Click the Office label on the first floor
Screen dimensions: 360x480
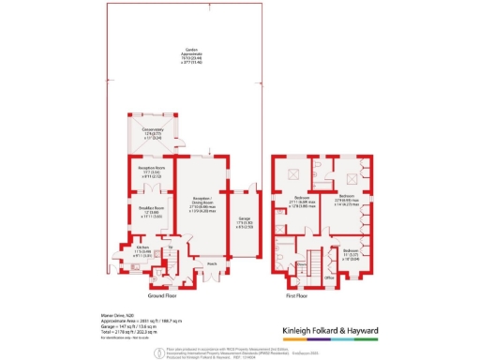[329, 277]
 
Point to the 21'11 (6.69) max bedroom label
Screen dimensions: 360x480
[301, 201]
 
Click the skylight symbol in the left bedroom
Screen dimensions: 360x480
[292, 174]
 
